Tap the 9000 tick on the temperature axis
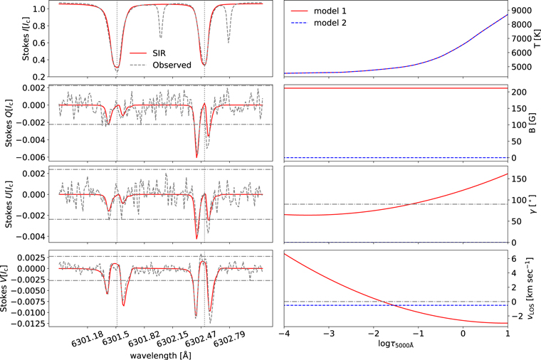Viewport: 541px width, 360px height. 523,11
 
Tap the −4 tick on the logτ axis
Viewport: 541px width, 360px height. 284,334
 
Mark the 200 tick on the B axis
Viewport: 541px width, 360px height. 520,92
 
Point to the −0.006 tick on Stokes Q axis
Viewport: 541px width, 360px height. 30,157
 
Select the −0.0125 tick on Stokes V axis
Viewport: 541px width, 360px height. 28,323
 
